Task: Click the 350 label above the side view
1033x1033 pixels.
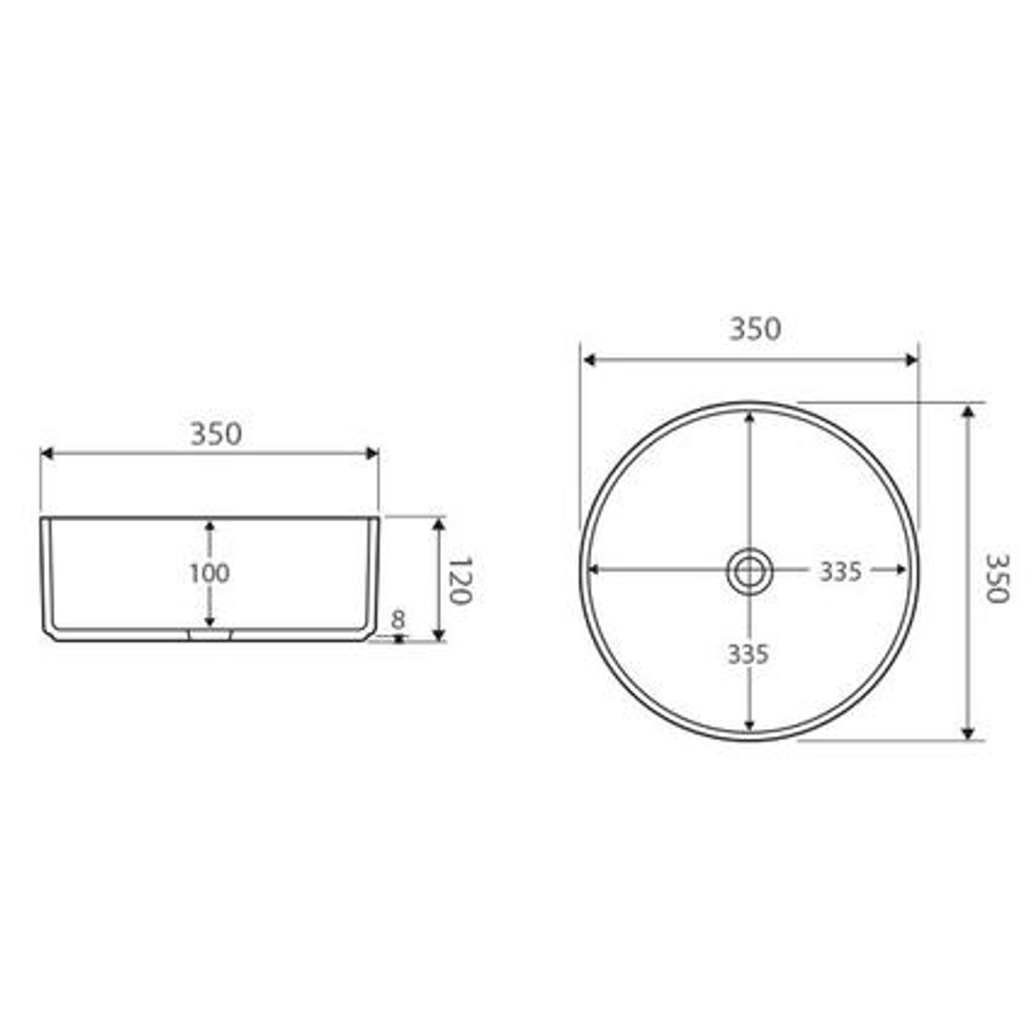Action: click(x=216, y=434)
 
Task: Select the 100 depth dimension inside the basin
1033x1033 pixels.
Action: click(x=209, y=574)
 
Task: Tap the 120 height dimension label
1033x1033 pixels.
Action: click(x=460, y=581)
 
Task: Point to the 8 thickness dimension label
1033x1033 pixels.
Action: click(x=398, y=620)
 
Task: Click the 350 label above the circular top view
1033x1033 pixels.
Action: click(x=755, y=329)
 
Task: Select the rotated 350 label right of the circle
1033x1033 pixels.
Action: click(x=996, y=578)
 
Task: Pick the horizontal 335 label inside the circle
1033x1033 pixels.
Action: click(x=841, y=572)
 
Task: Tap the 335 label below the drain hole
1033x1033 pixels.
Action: click(x=748, y=655)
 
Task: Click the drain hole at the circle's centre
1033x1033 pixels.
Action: click(x=749, y=571)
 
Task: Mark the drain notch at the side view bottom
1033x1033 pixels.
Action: click(x=210, y=634)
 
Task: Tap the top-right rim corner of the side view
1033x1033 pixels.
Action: click(x=378, y=518)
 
